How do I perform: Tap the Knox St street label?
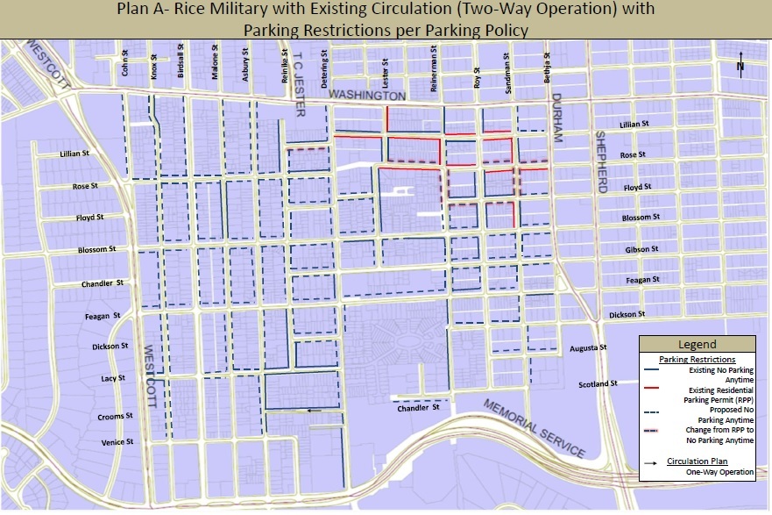coord(153,66)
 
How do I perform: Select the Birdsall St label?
coord(181,61)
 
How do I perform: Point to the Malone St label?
coord(215,64)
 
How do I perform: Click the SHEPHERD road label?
coord(601,161)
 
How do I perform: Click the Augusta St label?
coord(588,348)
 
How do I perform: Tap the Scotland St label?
coord(598,384)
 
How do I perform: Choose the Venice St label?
coord(117,442)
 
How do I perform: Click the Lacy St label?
coord(114,378)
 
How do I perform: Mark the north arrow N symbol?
coord(741,68)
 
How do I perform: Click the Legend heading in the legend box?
coord(698,345)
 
